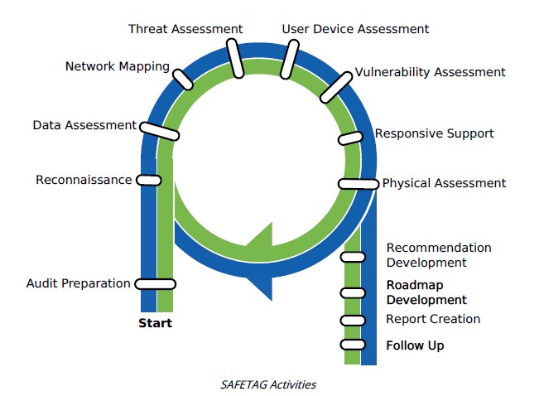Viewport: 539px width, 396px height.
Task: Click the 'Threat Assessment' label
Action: coord(185,29)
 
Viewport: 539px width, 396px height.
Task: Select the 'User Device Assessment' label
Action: coord(355,29)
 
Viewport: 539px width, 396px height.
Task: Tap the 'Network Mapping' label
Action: coord(118,66)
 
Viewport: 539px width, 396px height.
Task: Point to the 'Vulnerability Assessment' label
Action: coord(430,72)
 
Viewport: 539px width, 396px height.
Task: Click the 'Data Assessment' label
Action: coord(84,125)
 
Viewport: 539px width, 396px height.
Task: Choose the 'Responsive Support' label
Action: coord(434,133)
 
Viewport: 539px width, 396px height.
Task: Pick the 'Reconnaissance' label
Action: coord(84,179)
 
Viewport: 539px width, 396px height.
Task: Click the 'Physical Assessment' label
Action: coord(444,183)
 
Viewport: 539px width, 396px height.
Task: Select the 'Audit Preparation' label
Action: coord(78,283)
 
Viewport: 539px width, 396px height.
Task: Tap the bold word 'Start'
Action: coord(155,323)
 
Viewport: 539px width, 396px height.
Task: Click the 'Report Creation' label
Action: coord(433,319)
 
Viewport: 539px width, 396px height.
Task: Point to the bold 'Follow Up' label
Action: coord(415,345)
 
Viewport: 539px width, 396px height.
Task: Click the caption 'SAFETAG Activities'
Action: coord(268,384)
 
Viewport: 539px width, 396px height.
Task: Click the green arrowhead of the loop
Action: coord(261,239)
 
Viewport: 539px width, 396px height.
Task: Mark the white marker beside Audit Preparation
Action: coord(155,284)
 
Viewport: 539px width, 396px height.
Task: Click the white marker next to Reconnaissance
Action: coord(149,180)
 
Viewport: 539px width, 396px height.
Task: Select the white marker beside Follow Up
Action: coord(352,345)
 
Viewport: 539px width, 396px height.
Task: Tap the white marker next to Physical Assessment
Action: coord(359,184)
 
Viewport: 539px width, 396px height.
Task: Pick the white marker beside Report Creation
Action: coord(352,320)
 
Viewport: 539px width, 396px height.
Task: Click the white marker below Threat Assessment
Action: coord(237,61)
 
